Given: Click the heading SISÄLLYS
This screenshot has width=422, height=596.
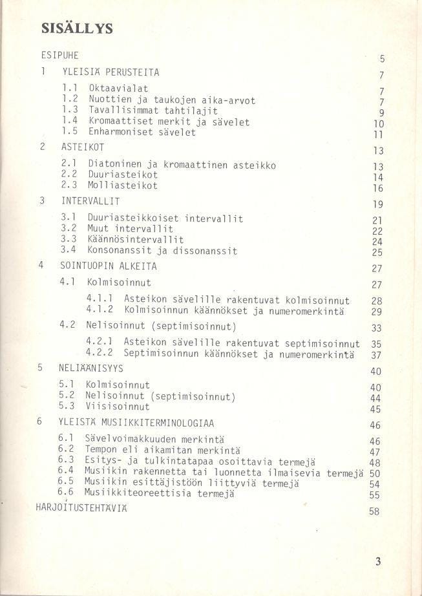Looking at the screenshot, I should click(x=77, y=28).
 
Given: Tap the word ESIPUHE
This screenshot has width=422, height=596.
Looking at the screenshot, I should click(x=59, y=56).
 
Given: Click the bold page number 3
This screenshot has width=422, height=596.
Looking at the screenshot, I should click(x=378, y=562).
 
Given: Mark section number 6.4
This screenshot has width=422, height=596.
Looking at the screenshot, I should click(x=65, y=471).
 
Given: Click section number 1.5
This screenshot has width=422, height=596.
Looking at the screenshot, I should click(x=70, y=132).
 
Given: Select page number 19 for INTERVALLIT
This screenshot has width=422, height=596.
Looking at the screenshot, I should click(x=379, y=204).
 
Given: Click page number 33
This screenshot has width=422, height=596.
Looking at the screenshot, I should click(x=377, y=328).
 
